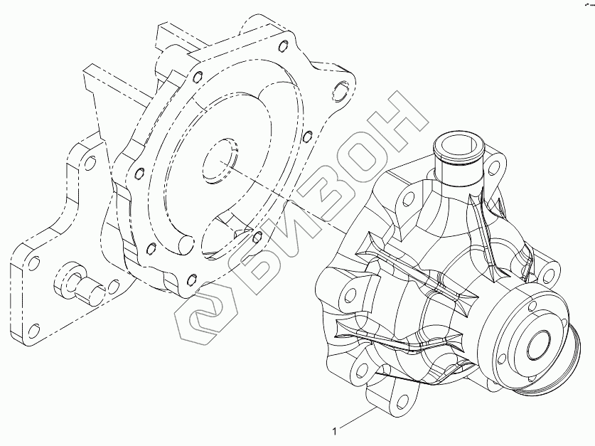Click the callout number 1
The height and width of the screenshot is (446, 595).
pos(334,431)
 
